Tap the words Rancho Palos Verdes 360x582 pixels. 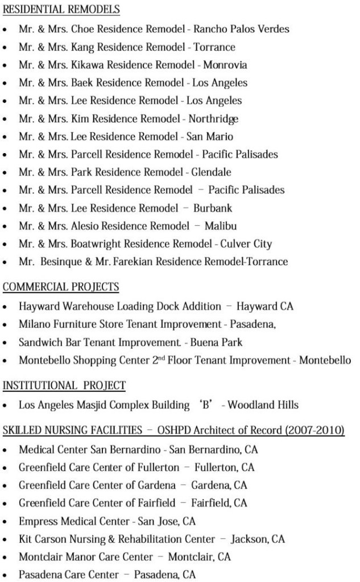[242, 29]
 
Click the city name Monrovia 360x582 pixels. [225, 65]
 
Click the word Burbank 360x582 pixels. [213, 208]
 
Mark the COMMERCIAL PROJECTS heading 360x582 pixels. [61, 287]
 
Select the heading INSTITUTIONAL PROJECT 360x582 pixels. [64, 386]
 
